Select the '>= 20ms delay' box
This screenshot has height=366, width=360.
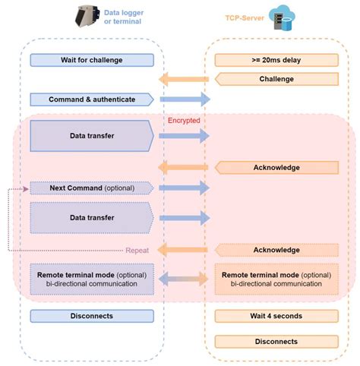(x=276, y=60)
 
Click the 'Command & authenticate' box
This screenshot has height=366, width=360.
(x=91, y=99)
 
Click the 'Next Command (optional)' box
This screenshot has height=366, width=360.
(x=91, y=187)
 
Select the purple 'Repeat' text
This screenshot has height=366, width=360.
(x=137, y=248)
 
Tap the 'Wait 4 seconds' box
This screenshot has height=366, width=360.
(x=276, y=315)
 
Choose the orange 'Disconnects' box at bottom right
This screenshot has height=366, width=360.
(x=276, y=341)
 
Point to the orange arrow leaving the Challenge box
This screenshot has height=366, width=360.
(x=184, y=79)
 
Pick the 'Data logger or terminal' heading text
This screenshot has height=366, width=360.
(x=134, y=16)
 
